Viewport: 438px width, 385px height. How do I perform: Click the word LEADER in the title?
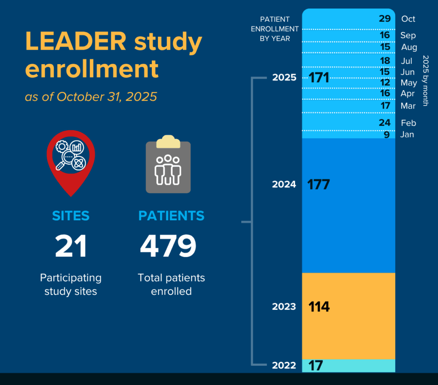pos(76,42)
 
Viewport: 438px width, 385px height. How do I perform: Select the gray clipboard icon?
pos(168,165)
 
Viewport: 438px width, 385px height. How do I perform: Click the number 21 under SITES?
pos(71,246)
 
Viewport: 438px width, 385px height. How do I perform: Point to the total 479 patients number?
pos(168,246)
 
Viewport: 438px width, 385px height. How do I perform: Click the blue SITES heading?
pos(71,216)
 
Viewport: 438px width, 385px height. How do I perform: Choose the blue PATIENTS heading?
pos(171,216)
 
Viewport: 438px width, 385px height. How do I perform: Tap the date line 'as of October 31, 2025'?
pos(91,97)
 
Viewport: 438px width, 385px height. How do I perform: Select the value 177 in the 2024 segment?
pos(319,185)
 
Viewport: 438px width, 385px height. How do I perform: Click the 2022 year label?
pos(284,365)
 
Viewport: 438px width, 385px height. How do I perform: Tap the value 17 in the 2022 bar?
pos(315,366)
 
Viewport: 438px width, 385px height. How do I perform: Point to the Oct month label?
pos(408,19)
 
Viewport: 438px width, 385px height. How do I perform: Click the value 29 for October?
pos(385,18)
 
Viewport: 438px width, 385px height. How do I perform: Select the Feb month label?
pos(408,123)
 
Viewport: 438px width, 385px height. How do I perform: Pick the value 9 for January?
pos(387,135)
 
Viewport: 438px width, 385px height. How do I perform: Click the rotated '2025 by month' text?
pos(425,80)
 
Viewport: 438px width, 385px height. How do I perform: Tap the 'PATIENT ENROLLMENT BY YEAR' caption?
pos(275,29)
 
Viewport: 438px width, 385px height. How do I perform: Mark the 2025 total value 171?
pos(319,78)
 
